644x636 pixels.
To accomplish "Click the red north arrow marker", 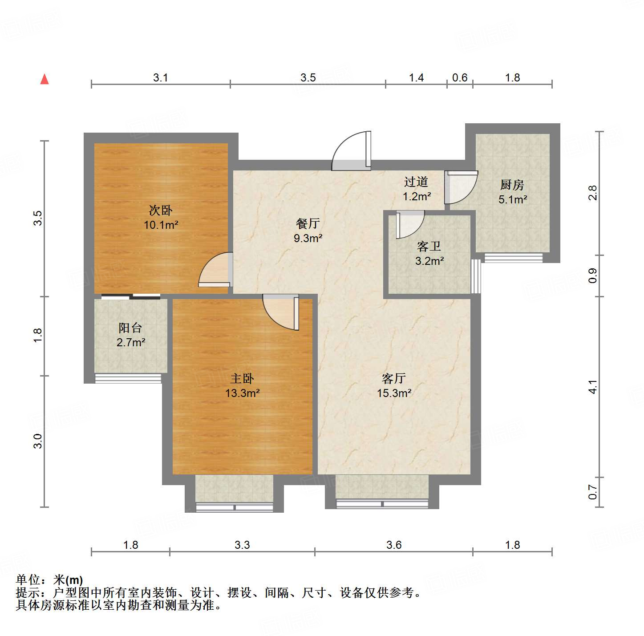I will pyautogui.click(x=45, y=79).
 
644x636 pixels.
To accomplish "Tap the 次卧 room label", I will pyautogui.click(x=160, y=210).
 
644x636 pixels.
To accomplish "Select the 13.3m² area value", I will pyautogui.click(x=243, y=393).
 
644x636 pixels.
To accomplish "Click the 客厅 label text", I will pyautogui.click(x=394, y=378).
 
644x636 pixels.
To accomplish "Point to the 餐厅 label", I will pyautogui.click(x=308, y=223).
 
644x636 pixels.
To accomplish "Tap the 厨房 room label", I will pyautogui.click(x=512, y=185).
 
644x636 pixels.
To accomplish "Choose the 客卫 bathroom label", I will pyautogui.click(x=429, y=246).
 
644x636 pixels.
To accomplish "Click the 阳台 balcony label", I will pyautogui.click(x=130, y=328).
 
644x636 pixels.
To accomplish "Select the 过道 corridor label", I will pyautogui.click(x=416, y=182).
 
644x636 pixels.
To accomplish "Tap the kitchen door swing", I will pyautogui.click(x=461, y=187).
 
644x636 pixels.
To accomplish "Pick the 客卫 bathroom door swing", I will pyautogui.click(x=409, y=224).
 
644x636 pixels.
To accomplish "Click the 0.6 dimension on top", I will pyautogui.click(x=460, y=78).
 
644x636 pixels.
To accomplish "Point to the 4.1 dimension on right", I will pyautogui.click(x=592, y=387).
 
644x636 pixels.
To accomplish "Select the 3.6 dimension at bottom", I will pyautogui.click(x=394, y=545).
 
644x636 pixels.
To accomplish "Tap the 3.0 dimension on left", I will pyautogui.click(x=38, y=441).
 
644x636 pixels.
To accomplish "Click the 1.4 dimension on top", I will pyautogui.click(x=416, y=78).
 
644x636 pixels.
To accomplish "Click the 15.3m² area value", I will pyautogui.click(x=394, y=393).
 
